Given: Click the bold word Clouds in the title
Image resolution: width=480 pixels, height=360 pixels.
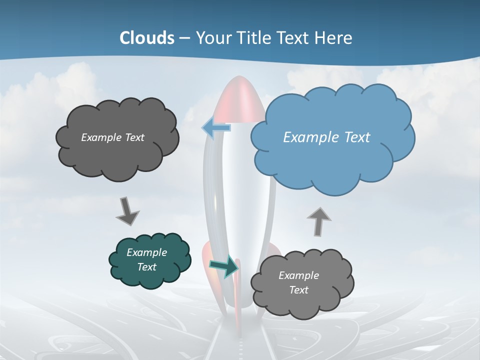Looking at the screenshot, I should (x=147, y=38).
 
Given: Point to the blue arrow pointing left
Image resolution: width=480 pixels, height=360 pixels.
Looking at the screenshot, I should (x=216, y=128).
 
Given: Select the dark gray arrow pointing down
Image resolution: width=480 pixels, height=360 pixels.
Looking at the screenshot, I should (x=127, y=210).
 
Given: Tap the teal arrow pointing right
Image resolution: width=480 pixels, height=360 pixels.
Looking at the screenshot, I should (x=223, y=266).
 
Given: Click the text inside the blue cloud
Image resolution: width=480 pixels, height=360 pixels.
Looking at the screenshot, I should (x=326, y=137).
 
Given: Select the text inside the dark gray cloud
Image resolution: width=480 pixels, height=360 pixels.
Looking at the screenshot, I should (x=112, y=137).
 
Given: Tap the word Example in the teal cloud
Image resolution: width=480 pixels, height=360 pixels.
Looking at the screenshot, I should (x=146, y=252).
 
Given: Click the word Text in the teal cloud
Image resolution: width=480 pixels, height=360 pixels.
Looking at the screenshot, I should (x=146, y=267).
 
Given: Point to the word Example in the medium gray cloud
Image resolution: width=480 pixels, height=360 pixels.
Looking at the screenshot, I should (x=298, y=275).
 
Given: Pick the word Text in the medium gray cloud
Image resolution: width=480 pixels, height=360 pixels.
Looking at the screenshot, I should (x=298, y=290).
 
